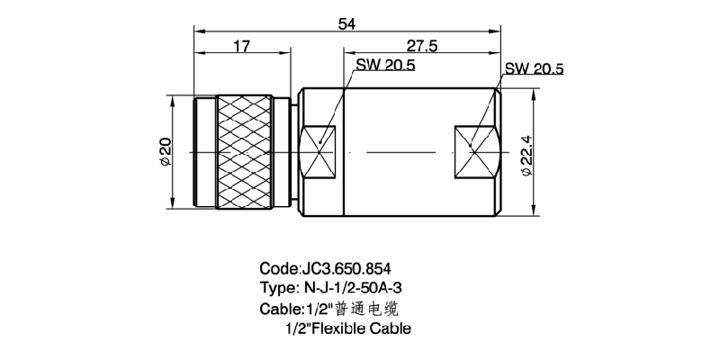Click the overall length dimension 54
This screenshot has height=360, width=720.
346,24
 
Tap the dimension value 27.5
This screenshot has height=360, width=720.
421,47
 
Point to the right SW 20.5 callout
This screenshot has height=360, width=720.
534,68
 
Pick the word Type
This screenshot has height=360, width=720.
276,289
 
